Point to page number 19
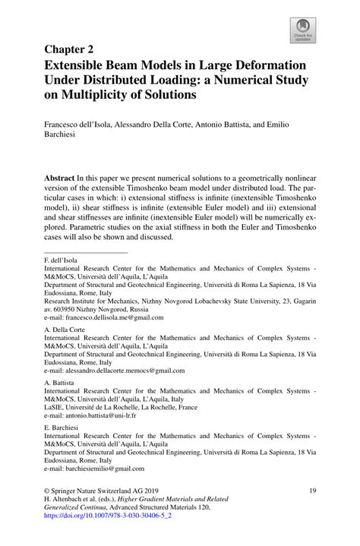[x=311, y=492]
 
